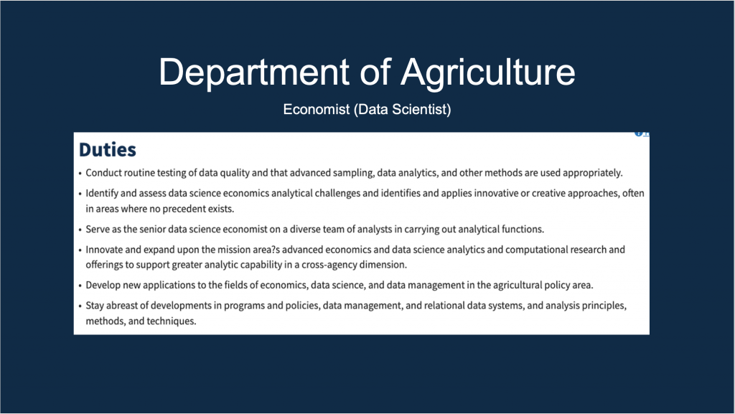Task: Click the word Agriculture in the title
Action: [x=487, y=72]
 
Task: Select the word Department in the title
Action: [x=253, y=72]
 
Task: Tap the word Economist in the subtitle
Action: [x=317, y=110]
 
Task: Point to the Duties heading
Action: [x=108, y=150]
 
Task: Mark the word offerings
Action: [x=104, y=265]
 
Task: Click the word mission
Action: [x=233, y=250]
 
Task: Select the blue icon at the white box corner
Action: [x=638, y=133]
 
